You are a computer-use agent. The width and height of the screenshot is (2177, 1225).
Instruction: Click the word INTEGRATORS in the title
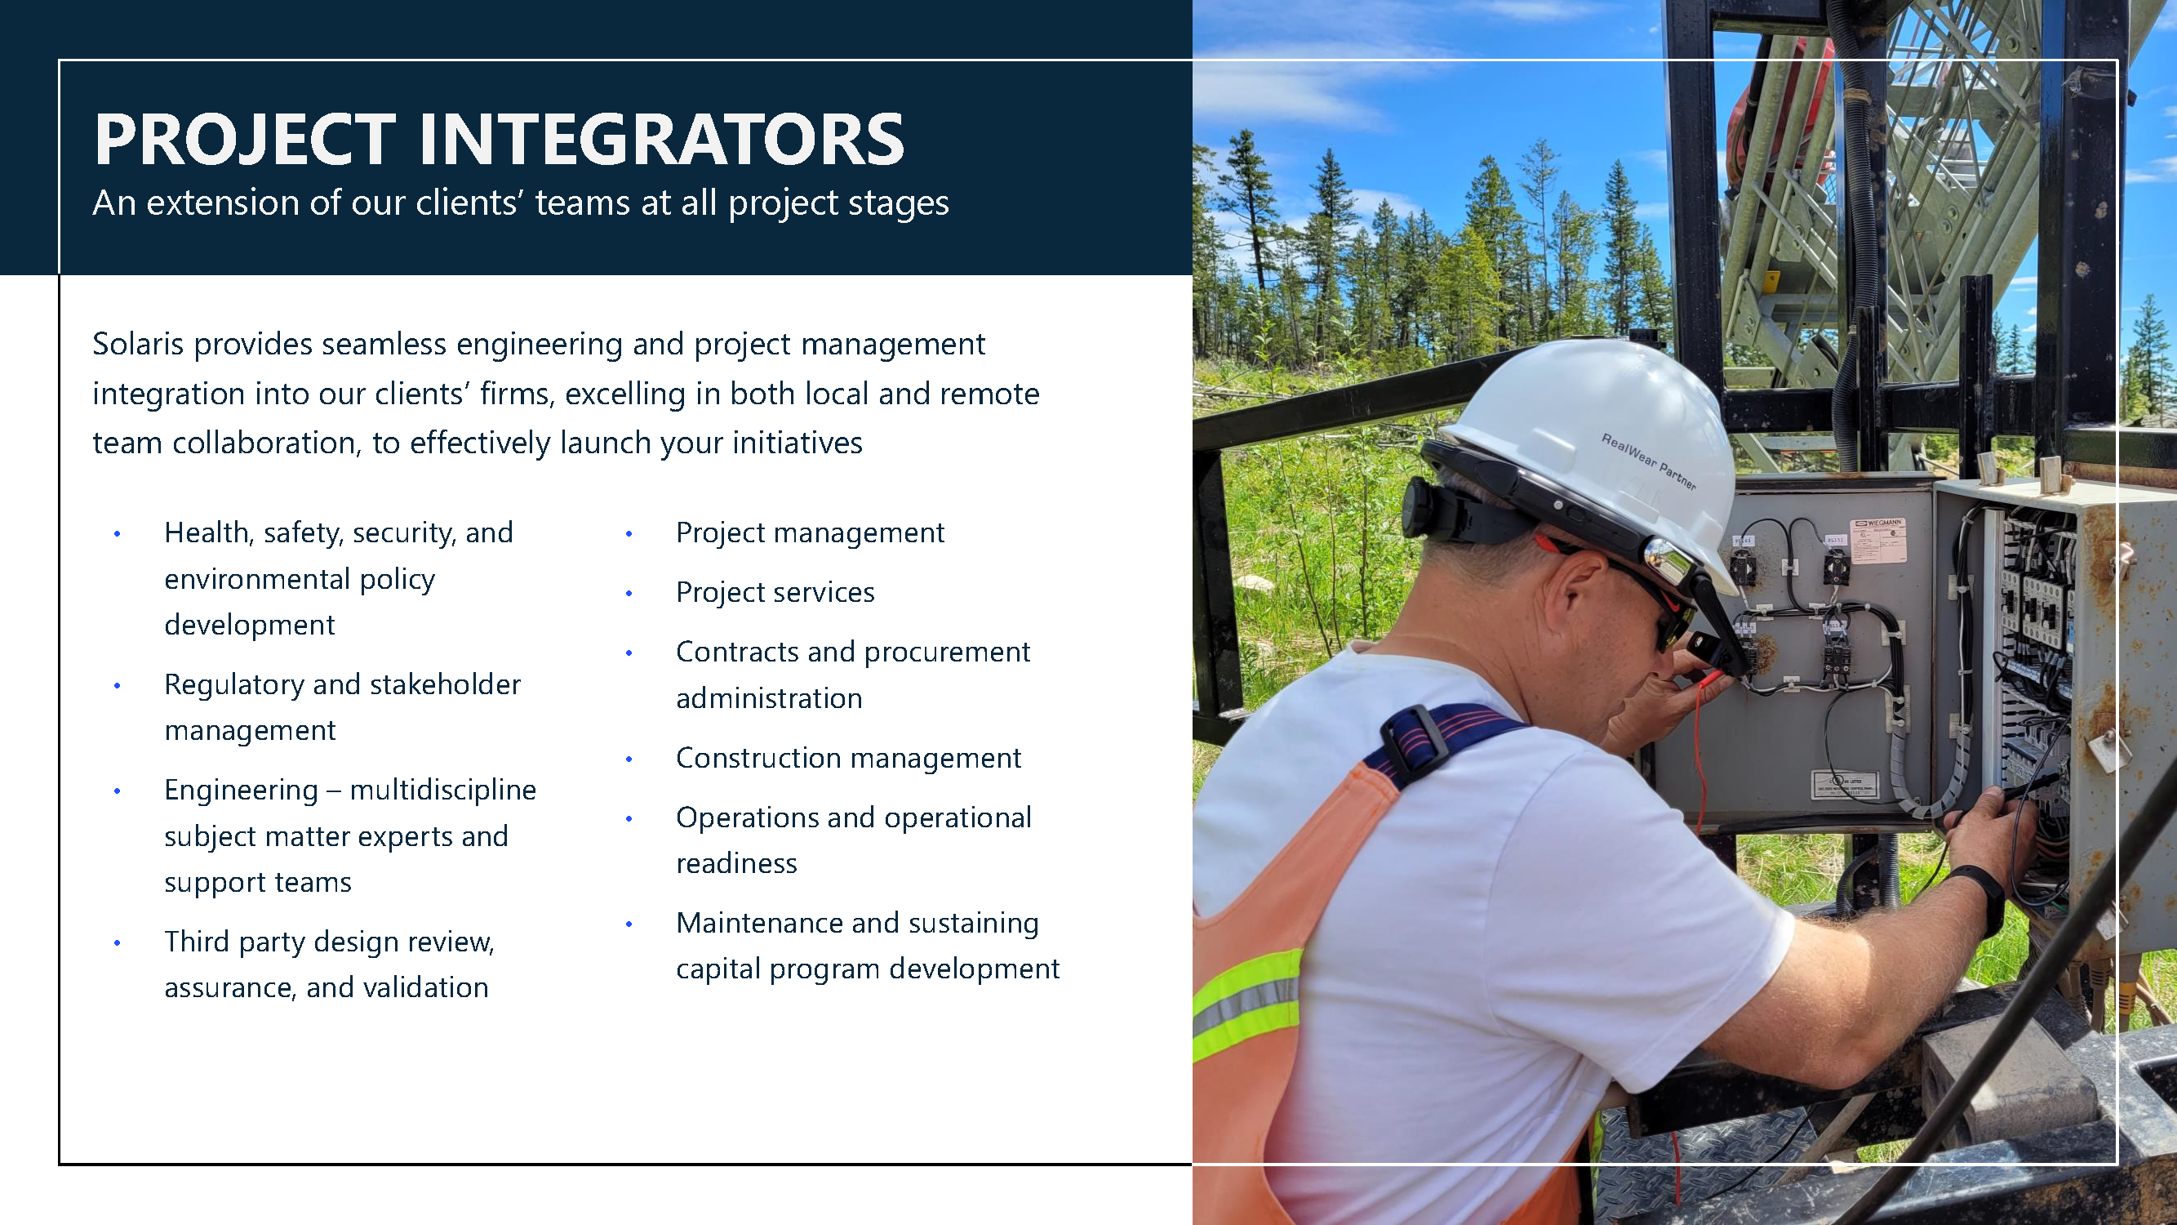pos(662,140)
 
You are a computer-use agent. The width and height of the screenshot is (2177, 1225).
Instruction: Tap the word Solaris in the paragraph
pos(138,344)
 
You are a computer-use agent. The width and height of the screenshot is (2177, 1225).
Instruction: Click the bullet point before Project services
pos(629,594)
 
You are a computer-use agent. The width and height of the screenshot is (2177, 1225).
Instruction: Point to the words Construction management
pos(848,759)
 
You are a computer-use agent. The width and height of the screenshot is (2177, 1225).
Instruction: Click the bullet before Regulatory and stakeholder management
pos(118,686)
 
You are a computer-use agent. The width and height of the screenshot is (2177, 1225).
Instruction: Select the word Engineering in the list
pos(242,791)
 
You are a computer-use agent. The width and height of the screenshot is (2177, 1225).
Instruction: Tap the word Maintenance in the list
pos(762,923)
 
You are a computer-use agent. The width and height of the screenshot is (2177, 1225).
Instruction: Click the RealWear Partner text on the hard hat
pos(1648,461)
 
